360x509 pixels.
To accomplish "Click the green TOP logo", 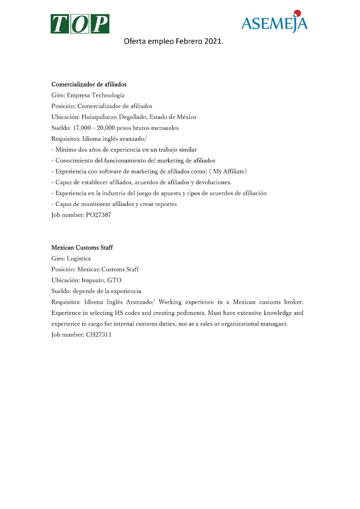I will point(80,23).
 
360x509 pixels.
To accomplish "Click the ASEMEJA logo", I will point(274,23).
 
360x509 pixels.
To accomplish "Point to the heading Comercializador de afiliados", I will point(89,84).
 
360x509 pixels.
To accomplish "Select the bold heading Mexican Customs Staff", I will point(82,248).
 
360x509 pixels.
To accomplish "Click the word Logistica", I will point(79,258).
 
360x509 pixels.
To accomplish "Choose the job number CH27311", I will point(99,335).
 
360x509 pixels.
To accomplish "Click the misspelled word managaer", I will point(274,324).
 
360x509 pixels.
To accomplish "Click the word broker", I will point(294,302).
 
